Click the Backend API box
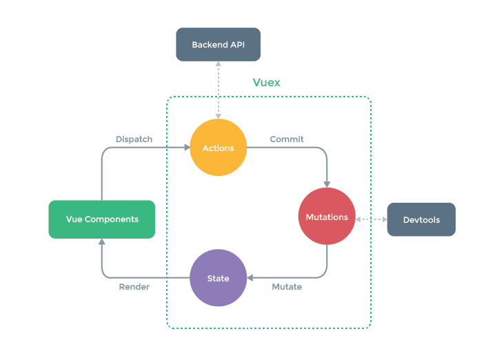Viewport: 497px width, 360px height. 218,44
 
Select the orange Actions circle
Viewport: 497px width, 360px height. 218,148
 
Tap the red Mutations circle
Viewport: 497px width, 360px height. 327,217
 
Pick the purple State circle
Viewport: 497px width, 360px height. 218,278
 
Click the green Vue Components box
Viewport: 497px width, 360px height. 102,219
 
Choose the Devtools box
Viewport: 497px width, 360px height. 421,219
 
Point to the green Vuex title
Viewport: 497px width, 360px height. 266,83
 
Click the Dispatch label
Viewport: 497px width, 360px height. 134,139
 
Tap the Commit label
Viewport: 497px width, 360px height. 287,139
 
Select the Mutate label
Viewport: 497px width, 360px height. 287,287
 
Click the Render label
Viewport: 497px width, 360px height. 134,287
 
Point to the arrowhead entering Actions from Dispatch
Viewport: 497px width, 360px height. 187,148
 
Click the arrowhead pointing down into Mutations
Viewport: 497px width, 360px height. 327,185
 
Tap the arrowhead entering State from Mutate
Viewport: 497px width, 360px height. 250,278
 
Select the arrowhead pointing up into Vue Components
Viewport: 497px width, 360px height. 102,241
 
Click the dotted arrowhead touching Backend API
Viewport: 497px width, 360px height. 219,63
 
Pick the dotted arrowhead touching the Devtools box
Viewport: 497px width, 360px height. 385,219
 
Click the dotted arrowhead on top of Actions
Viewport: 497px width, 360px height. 219,117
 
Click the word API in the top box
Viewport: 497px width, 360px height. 237,45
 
